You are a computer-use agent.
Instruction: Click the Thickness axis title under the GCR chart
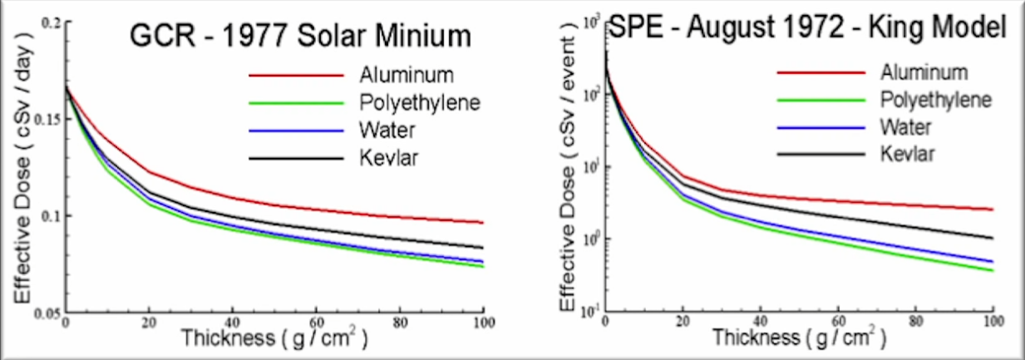273,340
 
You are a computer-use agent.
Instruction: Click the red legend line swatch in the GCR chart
295,75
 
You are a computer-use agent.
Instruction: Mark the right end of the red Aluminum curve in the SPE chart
992,210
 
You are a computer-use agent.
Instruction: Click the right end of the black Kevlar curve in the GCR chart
482,247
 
